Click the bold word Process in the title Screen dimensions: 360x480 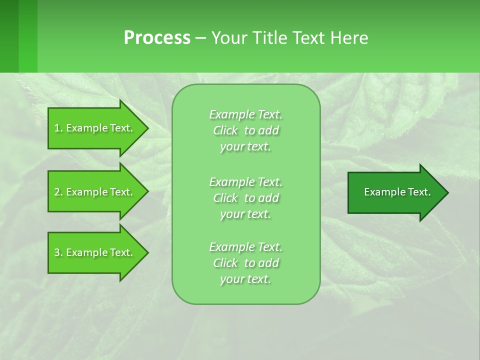click(157, 38)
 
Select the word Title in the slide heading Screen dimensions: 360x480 click(270, 38)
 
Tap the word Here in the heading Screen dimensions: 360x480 click(349, 38)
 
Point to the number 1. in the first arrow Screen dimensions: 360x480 click(58, 128)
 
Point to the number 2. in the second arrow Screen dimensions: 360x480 click(58, 192)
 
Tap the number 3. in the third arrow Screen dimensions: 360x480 click(58, 252)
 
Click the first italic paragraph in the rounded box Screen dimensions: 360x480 click(245, 130)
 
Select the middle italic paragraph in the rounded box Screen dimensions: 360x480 click(245, 198)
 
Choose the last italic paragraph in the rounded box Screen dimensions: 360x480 click(245, 263)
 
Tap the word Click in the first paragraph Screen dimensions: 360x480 click(225, 130)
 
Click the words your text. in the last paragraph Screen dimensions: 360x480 click(245, 279)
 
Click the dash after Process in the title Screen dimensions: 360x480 click(201, 38)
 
